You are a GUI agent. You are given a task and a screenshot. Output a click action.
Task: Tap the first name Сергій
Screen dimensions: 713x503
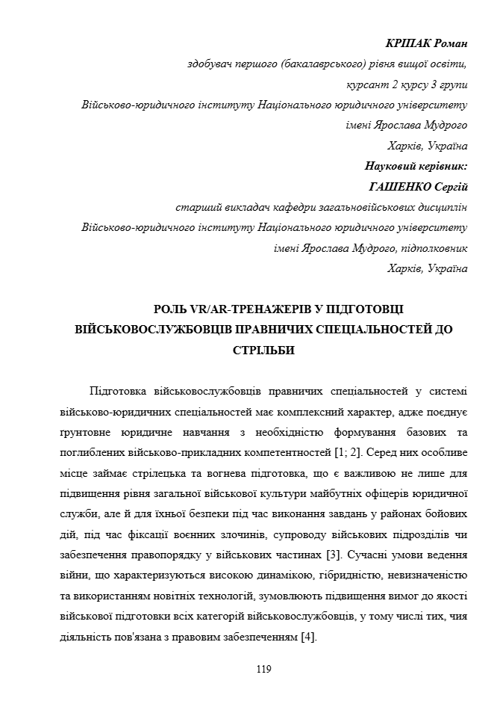[x=449, y=186]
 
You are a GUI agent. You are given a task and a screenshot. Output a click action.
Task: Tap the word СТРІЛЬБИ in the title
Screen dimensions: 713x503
[x=251, y=350]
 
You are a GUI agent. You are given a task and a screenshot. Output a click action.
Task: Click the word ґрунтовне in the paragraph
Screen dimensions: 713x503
[x=86, y=433]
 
